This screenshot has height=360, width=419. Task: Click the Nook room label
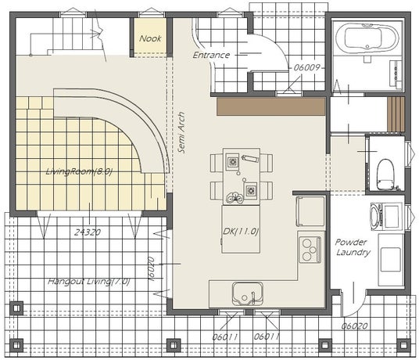pyautogui.click(x=150, y=38)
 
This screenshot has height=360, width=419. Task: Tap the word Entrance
pyautogui.click(x=211, y=55)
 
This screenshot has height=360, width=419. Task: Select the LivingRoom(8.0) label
pyautogui.click(x=78, y=171)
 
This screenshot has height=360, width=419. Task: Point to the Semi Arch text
pyautogui.click(x=181, y=132)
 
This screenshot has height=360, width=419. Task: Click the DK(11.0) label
pyautogui.click(x=241, y=232)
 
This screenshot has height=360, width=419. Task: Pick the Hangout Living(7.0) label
pyautogui.click(x=88, y=282)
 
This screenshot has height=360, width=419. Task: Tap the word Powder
pyautogui.click(x=351, y=243)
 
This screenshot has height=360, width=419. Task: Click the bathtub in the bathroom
pyautogui.click(x=367, y=38)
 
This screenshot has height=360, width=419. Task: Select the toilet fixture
pyautogui.click(x=386, y=175)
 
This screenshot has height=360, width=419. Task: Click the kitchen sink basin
pyautogui.click(x=248, y=293)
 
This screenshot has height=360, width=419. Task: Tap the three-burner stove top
pyautogui.click(x=310, y=250)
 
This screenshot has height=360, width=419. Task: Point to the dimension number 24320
pyautogui.click(x=88, y=232)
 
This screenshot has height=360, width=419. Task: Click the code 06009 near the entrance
pyautogui.click(x=306, y=67)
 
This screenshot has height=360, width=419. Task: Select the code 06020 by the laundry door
pyautogui.click(x=354, y=326)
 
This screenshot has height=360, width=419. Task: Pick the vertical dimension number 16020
pyautogui.click(x=151, y=269)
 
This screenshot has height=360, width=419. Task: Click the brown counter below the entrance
pyautogui.click(x=271, y=106)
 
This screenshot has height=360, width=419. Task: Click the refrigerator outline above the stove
pyautogui.click(x=310, y=211)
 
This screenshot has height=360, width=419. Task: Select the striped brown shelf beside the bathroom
pyautogui.click(x=396, y=114)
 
